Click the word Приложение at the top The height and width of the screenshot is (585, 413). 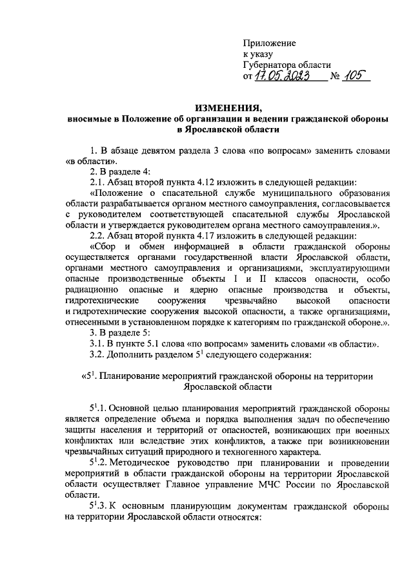(x=270, y=43)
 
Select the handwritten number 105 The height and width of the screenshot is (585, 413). (x=353, y=76)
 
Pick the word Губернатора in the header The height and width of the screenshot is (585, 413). (x=269, y=65)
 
